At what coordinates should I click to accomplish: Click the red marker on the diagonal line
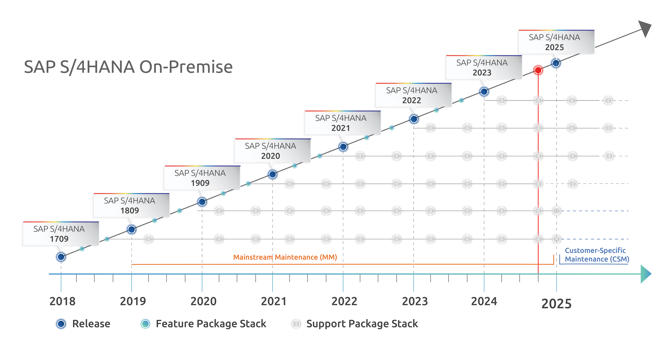(538, 70)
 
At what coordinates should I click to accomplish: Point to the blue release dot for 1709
(61, 257)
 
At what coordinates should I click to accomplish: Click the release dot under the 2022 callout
(414, 119)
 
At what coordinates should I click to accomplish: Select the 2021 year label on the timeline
(274, 301)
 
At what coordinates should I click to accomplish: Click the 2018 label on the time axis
(62, 301)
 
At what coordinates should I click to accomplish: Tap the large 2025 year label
(556, 304)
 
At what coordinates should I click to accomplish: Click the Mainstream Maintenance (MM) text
(285, 257)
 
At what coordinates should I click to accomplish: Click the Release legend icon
(61, 324)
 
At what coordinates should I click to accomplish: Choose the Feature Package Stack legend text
(211, 324)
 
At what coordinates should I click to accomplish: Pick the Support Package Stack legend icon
(296, 324)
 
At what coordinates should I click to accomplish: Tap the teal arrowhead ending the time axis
(645, 274)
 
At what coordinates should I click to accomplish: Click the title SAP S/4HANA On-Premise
(128, 67)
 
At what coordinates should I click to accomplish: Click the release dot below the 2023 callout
(484, 92)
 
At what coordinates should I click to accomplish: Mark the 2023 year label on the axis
(415, 301)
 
